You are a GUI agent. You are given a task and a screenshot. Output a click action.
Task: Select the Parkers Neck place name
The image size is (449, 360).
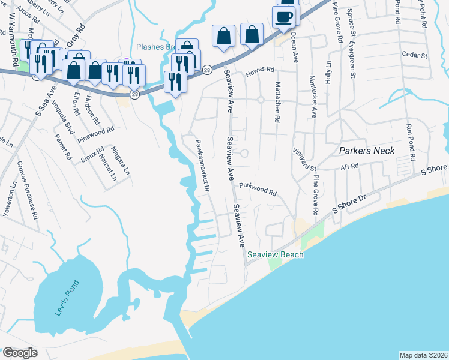point(367,151)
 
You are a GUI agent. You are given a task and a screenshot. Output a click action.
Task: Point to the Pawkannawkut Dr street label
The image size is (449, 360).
point(202,165)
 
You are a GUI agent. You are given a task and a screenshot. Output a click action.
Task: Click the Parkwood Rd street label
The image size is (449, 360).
point(258,190)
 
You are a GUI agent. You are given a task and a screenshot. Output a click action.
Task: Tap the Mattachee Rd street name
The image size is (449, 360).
point(277,102)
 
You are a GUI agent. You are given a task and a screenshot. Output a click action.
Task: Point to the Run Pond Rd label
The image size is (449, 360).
point(411,142)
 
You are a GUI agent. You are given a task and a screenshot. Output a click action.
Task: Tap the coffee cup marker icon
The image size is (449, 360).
point(283,17)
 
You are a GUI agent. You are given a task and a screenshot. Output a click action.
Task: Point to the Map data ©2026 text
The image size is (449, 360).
point(423,355)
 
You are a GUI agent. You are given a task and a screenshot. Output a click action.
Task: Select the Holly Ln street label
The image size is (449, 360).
point(328,71)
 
